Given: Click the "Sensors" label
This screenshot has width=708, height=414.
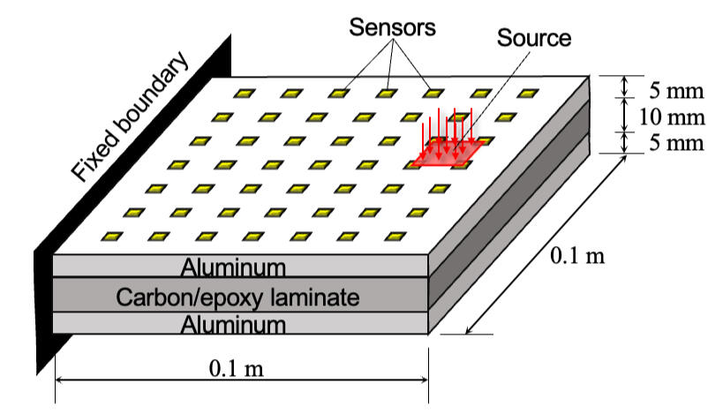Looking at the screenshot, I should [x=392, y=27].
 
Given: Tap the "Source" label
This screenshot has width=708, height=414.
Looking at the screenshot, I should [x=533, y=38].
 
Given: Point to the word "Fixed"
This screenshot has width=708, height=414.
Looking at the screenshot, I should [x=94, y=155].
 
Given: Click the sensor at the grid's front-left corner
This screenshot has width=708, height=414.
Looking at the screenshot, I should [x=111, y=237].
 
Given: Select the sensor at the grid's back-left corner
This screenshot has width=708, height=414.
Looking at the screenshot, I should [x=243, y=93].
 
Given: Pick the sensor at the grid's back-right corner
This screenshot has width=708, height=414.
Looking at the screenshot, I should [x=527, y=93].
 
